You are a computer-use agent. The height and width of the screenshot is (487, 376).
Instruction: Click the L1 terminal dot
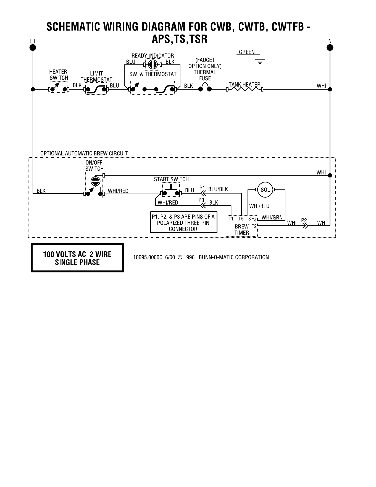[33, 48]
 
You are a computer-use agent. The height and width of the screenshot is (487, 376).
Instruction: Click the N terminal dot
[330, 48]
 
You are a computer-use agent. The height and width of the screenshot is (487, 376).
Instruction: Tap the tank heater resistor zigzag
[244, 89]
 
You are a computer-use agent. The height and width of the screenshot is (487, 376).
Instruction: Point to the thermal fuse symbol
[205, 87]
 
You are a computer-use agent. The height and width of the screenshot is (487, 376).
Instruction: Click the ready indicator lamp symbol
[152, 65]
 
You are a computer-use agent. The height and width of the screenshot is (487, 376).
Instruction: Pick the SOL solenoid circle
[265, 190]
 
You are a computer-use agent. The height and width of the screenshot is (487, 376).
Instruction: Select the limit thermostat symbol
[96, 89]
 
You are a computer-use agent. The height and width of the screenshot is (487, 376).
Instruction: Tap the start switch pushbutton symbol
[171, 190]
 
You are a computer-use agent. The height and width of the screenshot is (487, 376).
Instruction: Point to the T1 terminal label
[231, 219]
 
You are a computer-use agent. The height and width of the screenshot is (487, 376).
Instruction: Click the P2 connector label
[304, 220]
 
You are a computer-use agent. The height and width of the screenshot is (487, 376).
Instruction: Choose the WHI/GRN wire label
[272, 217]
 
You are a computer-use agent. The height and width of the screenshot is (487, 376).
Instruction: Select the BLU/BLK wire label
[218, 189]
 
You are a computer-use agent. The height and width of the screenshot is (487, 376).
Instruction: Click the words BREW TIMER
[242, 230]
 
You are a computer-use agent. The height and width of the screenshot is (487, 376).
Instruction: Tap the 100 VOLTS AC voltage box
[77, 257]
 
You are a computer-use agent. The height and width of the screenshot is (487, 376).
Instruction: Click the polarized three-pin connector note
[184, 223]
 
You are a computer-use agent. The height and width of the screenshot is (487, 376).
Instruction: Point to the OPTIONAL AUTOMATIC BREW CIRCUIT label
[84, 153]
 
